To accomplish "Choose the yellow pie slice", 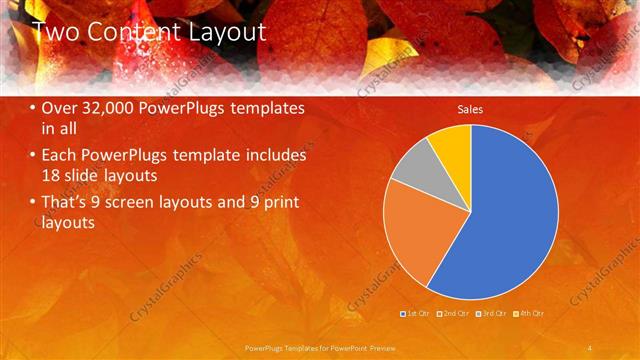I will click(x=452, y=145).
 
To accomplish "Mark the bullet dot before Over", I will click(x=33, y=108).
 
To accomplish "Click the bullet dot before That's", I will click(x=33, y=203).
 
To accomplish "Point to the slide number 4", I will click(x=590, y=347).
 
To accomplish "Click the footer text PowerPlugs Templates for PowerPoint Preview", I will click(x=320, y=347).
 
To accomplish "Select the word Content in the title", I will click(x=133, y=32).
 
